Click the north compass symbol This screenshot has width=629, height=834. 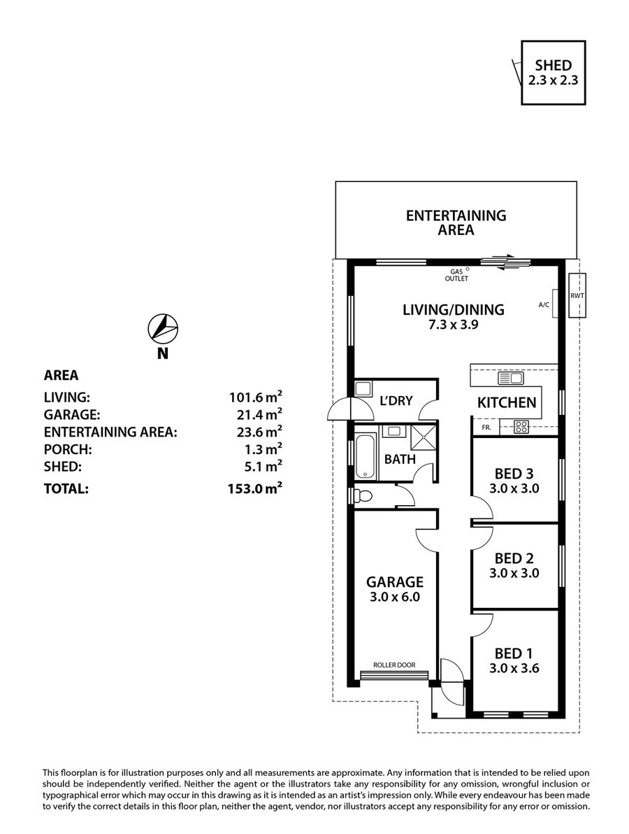163,327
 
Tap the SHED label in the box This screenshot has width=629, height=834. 553,66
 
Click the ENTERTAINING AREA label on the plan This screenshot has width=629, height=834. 456,223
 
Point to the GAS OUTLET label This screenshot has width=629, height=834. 456,275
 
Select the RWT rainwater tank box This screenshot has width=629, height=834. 577,295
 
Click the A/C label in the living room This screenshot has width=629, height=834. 544,305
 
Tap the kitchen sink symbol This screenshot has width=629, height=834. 510,379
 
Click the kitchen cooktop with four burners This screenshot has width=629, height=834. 521,426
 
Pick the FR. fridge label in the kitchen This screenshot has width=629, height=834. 486,427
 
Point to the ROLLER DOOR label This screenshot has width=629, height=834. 394,665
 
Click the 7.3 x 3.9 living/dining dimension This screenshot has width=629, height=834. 454,324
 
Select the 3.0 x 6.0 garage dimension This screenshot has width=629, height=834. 395,597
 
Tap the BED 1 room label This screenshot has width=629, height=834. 514,653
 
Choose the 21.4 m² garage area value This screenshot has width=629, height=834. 259,414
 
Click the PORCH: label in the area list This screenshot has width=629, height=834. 68,449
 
